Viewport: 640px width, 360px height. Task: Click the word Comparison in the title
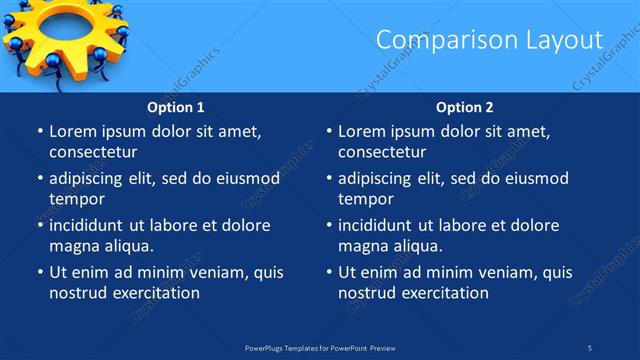(439, 40)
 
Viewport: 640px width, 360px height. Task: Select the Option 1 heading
(176, 106)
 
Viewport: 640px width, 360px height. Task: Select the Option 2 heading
(465, 106)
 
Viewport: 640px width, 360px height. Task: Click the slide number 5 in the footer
(589, 347)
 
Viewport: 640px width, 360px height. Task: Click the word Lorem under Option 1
(72, 131)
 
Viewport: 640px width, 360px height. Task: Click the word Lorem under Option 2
(361, 131)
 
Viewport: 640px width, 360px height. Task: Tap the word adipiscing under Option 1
(91, 178)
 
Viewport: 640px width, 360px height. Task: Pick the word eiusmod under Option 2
(537, 178)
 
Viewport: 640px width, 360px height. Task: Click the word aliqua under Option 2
(416, 245)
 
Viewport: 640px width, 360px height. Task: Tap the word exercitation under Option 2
(441, 292)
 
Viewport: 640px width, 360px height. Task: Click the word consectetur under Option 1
(93, 152)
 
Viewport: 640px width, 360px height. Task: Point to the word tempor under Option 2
(365, 199)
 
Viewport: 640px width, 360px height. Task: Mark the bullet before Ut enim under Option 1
(38, 272)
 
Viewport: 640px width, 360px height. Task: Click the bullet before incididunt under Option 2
(327, 225)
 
